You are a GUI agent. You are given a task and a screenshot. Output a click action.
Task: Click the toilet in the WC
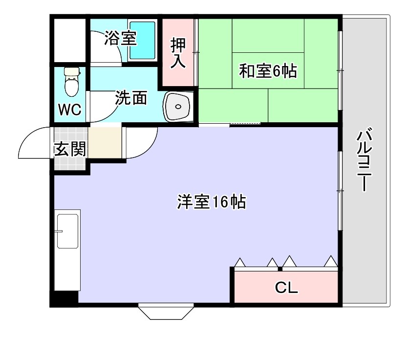(x=72, y=82)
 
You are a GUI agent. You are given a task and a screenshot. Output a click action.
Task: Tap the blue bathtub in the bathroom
(x=142, y=40)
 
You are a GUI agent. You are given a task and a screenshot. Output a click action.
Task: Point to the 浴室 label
(x=120, y=38)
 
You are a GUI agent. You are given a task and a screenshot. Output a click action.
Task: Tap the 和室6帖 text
(x=267, y=71)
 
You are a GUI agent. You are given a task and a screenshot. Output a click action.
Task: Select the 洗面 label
(x=131, y=98)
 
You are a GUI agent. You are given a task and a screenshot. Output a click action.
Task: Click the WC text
(x=70, y=110)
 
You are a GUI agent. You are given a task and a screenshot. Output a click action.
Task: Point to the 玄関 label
(x=70, y=149)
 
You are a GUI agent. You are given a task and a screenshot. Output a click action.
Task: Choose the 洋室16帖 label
(x=211, y=202)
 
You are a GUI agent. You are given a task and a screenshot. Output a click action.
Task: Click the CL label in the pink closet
(x=286, y=288)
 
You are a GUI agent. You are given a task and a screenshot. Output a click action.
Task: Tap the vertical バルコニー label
(x=364, y=160)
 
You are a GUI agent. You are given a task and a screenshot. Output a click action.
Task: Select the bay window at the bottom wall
(x=166, y=312)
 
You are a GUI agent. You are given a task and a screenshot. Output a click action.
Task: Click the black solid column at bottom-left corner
(x=64, y=298)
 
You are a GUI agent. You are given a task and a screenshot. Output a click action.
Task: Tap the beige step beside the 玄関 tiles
(x=105, y=142)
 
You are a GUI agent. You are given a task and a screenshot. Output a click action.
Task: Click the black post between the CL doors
(x=280, y=268)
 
